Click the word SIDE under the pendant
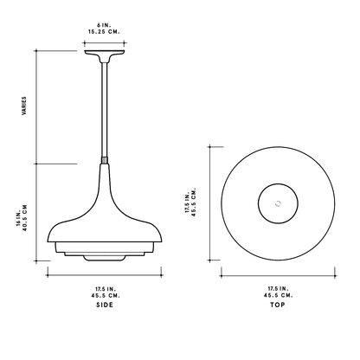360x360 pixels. pos(105,305)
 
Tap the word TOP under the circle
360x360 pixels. pos(278,305)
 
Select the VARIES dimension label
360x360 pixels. pos(24,106)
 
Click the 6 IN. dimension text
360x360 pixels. pos(104,25)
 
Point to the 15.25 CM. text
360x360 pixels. pos(104,32)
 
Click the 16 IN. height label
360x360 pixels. pos(19,218)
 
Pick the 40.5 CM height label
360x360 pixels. pos(25,218)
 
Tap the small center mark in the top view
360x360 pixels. pos(278,203)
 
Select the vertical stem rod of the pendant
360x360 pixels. pos(105,110)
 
